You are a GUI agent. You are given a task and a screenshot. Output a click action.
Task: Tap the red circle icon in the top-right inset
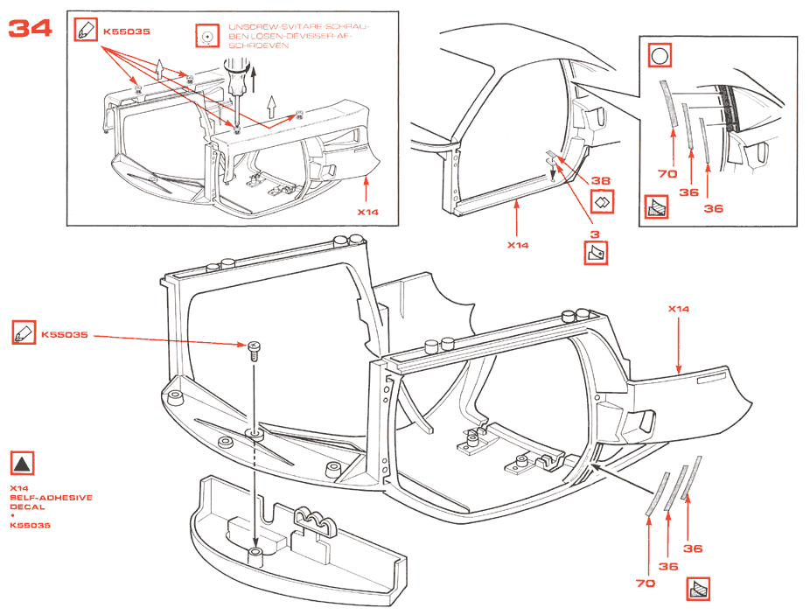(659, 58)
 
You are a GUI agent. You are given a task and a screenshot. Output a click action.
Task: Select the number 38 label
(600, 180)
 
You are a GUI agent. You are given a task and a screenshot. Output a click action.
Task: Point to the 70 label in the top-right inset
(667, 174)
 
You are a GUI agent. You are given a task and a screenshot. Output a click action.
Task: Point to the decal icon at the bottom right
(698, 590)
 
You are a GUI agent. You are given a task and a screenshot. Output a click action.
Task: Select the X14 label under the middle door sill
(519, 245)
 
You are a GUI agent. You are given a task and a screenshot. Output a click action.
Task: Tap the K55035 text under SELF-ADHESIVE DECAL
(31, 525)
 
